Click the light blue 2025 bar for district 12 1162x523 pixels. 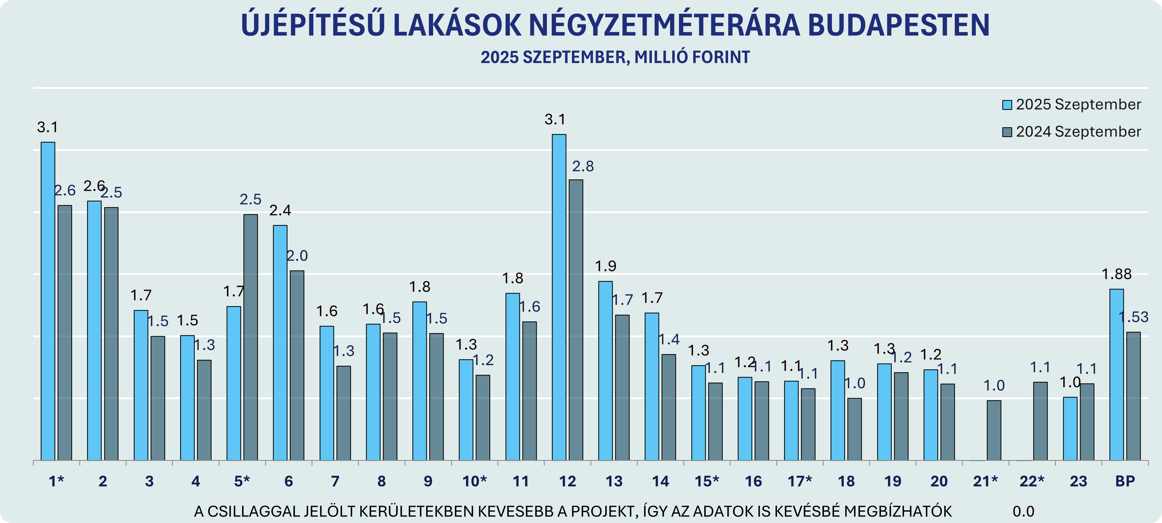(x=559, y=298)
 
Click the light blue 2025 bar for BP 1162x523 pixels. (x=1116, y=374)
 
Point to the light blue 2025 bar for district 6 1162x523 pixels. (x=280, y=343)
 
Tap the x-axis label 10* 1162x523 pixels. (x=475, y=482)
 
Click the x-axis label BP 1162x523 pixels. (x=1125, y=482)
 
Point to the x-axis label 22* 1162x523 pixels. (x=1032, y=482)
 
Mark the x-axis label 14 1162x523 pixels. (x=660, y=482)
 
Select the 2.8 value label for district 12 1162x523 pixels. (x=583, y=166)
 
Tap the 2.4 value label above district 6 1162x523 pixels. (x=280, y=210)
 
